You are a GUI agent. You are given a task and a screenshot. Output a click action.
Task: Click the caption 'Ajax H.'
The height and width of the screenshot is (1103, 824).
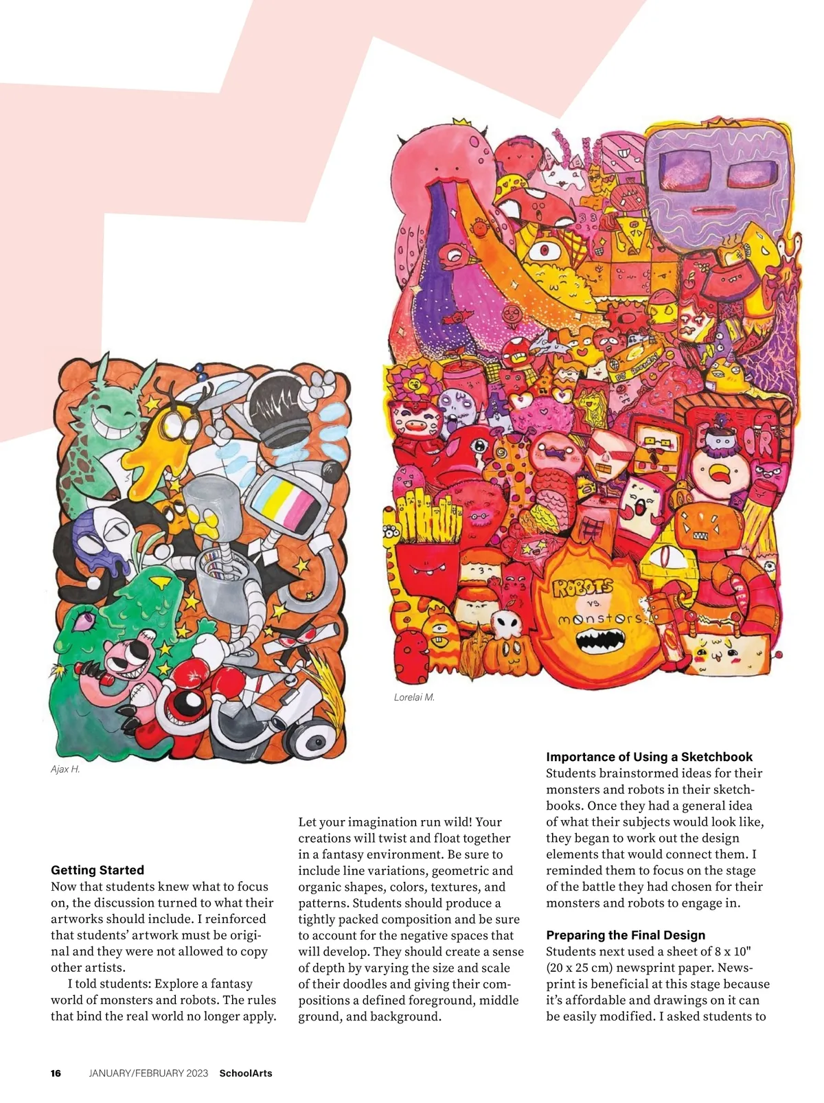pyautogui.click(x=65, y=769)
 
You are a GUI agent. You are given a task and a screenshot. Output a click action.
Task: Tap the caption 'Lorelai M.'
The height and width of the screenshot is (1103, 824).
pyautogui.click(x=414, y=697)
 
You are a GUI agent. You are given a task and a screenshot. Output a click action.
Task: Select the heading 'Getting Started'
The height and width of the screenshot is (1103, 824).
pyautogui.click(x=98, y=870)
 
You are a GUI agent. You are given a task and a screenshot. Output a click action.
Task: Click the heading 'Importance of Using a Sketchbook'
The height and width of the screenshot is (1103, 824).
pyautogui.click(x=649, y=757)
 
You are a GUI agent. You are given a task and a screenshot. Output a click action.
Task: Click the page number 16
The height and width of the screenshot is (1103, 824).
pyautogui.click(x=56, y=1073)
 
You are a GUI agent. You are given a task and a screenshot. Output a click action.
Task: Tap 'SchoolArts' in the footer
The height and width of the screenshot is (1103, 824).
pyautogui.click(x=245, y=1073)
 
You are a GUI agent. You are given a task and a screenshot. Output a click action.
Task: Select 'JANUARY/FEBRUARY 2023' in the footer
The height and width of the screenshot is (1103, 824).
pyautogui.click(x=148, y=1073)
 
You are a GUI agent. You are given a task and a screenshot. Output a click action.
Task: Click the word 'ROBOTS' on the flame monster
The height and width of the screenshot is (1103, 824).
pyautogui.click(x=582, y=587)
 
